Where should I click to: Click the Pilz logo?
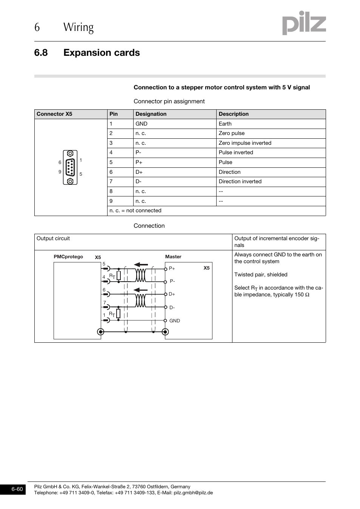304,23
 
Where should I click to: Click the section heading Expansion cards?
102,53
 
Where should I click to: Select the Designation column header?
151,114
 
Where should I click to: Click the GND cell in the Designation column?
142,124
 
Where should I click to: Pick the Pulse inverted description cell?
236,153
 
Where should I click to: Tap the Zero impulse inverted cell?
245,143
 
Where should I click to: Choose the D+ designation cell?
139,172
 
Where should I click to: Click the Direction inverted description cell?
240,182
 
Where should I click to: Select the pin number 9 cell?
111,201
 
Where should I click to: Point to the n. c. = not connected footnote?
135,211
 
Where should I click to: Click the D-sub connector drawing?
70,167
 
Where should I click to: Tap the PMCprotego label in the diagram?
68,257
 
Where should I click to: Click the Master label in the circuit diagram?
173,257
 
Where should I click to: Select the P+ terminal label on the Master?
172,268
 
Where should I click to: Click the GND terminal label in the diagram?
174,321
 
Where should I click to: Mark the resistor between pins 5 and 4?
118,276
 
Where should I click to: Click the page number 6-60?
17,489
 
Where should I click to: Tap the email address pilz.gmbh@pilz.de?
193,493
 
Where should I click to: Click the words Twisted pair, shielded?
261,275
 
